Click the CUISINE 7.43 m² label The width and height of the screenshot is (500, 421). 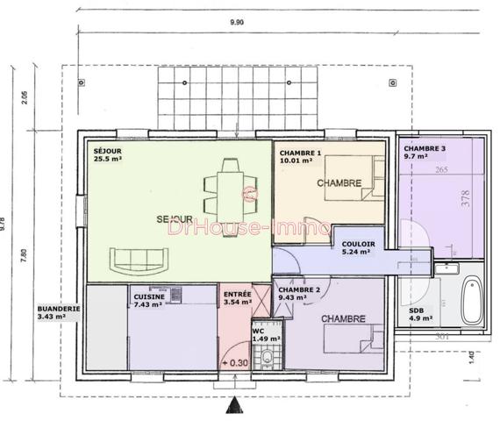[x=148, y=300]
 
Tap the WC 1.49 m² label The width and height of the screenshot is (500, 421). [x=265, y=334]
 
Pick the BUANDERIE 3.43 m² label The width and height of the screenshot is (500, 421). [x=59, y=312]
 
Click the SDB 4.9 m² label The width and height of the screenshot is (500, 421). [x=422, y=314]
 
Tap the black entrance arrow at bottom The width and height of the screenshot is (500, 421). [x=234, y=404]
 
